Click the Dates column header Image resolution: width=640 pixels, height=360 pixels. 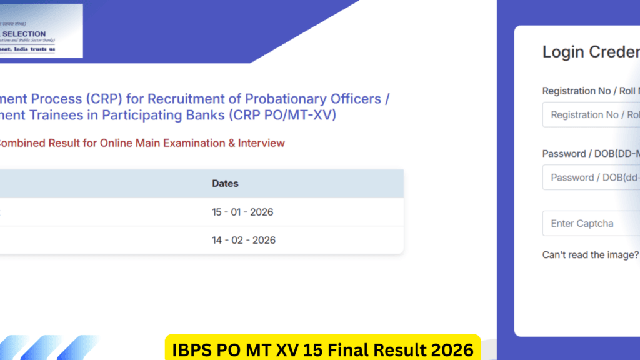(225, 184)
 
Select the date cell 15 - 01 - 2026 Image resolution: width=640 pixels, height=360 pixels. (242, 212)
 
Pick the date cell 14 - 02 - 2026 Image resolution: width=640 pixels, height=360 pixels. (242, 240)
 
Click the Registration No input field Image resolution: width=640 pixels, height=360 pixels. (591, 114)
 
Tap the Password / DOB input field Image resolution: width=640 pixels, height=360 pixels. (591, 177)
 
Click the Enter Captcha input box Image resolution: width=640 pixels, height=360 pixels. (591, 223)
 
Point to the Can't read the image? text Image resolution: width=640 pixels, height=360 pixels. (590, 255)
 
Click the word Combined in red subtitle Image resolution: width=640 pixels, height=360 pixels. (21, 143)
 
